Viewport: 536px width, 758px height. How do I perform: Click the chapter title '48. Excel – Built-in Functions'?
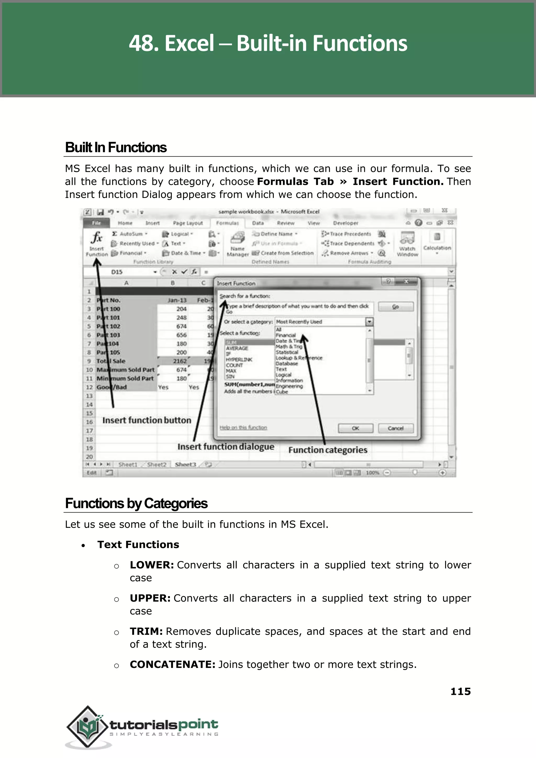[x=268, y=43]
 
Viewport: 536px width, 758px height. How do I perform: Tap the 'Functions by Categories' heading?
[x=136, y=504]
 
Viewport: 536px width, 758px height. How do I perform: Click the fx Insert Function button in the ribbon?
[x=97, y=243]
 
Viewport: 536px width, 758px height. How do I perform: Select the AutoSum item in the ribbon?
[x=130, y=234]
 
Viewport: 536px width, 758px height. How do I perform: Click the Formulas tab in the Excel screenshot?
[x=227, y=223]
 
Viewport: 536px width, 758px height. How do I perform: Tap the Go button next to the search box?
[x=395, y=307]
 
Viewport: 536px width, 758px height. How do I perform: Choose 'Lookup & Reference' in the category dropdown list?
[x=299, y=358]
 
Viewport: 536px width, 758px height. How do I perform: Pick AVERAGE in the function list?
[x=237, y=348]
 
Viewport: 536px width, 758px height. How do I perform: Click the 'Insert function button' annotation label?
[x=147, y=420]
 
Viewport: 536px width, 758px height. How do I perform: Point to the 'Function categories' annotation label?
[x=327, y=450]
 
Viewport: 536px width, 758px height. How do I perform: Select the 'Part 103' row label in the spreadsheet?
[x=108, y=335]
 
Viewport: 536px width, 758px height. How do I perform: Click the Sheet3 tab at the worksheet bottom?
[x=185, y=465]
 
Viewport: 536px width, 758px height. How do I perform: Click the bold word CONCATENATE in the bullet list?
[x=172, y=664]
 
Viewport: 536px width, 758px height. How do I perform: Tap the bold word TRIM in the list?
[x=146, y=631]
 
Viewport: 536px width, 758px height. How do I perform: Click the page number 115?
[x=460, y=692]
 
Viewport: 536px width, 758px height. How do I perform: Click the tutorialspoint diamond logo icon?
[x=87, y=727]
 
